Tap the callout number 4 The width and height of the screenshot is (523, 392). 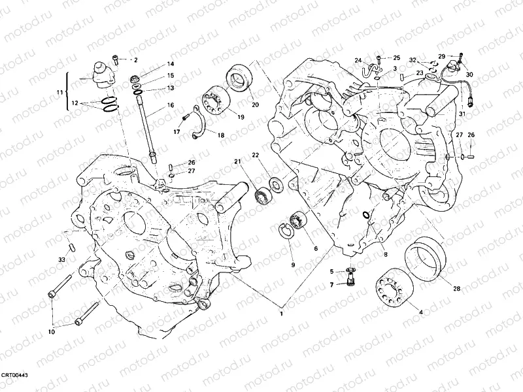420,312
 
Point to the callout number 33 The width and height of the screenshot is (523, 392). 61,260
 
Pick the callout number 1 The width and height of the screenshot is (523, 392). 282,314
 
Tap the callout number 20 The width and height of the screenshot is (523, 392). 255,105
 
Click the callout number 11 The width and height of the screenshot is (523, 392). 59,93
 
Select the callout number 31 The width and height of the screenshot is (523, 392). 462,114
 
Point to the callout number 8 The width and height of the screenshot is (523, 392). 386,254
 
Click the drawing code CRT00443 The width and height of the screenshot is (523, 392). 14,376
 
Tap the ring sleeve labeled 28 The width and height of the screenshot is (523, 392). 423,258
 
